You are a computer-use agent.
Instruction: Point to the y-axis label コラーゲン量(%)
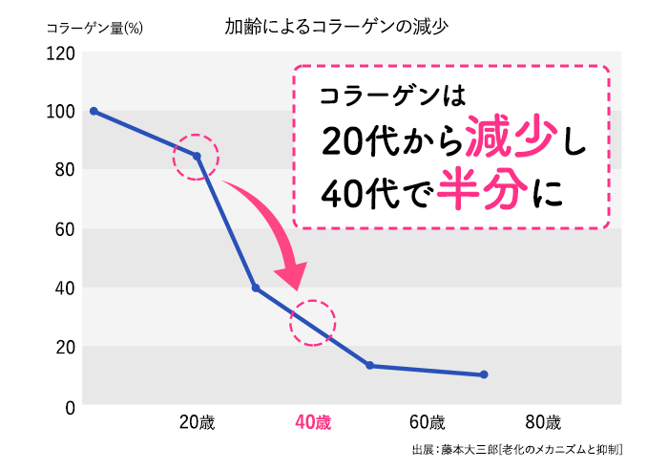(94, 28)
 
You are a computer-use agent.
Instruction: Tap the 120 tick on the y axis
(59, 53)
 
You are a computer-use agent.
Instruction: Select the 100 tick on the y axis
(59, 112)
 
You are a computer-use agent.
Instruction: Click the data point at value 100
(94, 111)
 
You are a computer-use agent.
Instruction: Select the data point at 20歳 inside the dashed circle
(198, 156)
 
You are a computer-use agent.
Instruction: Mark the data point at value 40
(255, 288)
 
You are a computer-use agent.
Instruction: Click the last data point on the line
(484, 374)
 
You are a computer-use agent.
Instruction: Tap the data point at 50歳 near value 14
(369, 366)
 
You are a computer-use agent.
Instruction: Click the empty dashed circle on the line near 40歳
(313, 324)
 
